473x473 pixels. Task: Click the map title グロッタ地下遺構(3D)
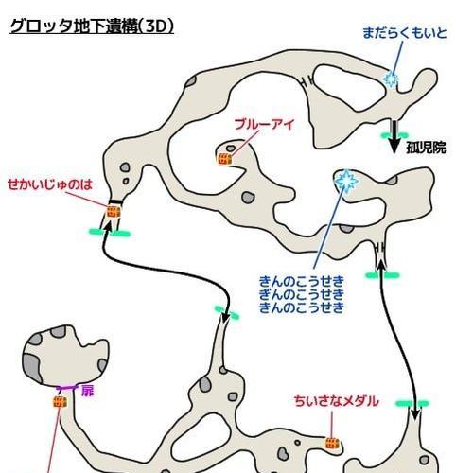click(92, 26)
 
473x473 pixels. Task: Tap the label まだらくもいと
click(405, 33)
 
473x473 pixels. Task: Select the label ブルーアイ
click(264, 124)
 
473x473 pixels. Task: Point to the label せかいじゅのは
click(50, 184)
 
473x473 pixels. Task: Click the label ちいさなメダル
click(336, 401)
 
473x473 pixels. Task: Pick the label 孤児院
click(426, 148)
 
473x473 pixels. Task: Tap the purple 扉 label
click(87, 392)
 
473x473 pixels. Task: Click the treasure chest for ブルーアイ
click(224, 159)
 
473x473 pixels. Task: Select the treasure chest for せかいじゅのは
click(114, 212)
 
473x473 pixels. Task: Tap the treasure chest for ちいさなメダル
click(333, 444)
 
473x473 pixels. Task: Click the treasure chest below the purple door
click(60, 402)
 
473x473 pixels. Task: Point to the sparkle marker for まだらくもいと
click(391, 79)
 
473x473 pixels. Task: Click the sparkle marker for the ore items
click(346, 181)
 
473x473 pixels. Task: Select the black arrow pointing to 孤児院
click(394, 137)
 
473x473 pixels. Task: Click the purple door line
click(66, 388)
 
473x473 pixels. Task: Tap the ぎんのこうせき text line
click(302, 294)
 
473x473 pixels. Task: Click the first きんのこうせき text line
click(302, 281)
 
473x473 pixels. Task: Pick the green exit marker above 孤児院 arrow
click(394, 135)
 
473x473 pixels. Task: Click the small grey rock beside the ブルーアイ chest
click(231, 149)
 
